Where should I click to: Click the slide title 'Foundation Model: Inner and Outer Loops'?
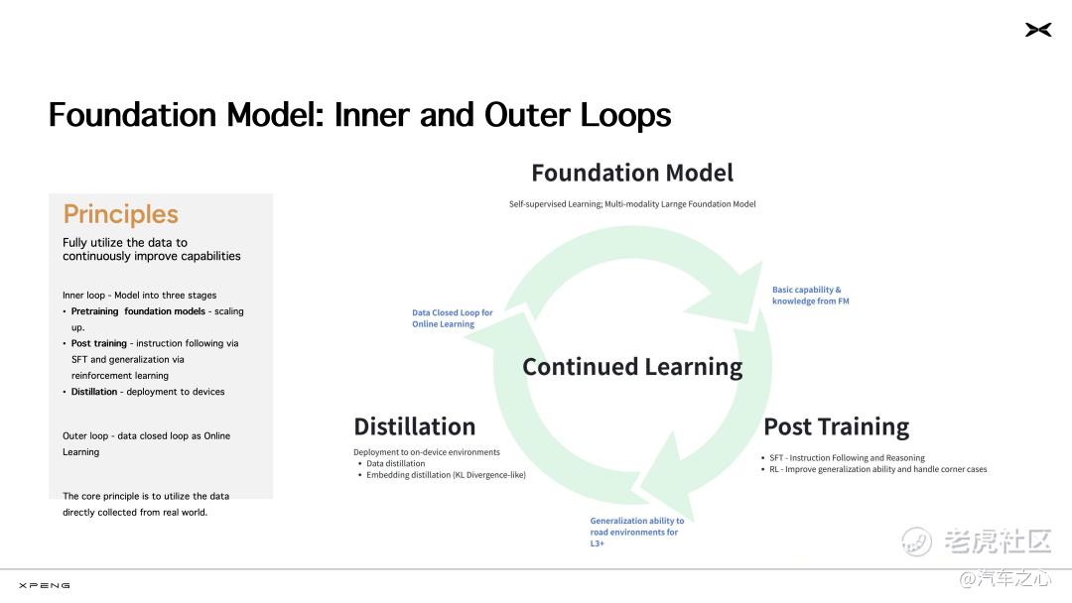tap(359, 115)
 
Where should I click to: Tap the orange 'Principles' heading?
tap(120, 214)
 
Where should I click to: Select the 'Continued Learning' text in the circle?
tap(632, 367)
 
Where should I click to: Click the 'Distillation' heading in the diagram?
tap(414, 426)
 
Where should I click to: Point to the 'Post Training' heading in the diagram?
tap(836, 426)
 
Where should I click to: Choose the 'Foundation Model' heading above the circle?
tap(632, 173)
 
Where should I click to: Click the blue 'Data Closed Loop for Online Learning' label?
tap(452, 318)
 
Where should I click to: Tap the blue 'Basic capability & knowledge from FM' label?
tap(810, 295)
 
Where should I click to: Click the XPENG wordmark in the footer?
tap(45, 585)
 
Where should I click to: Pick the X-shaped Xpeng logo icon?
tap(1038, 30)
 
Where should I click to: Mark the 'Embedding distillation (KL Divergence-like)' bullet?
tap(446, 475)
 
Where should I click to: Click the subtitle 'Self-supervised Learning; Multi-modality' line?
tap(632, 204)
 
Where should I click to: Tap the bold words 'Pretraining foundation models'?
tap(138, 311)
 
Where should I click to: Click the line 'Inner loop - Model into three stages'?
tap(140, 295)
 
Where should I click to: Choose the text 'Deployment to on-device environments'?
tap(427, 452)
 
